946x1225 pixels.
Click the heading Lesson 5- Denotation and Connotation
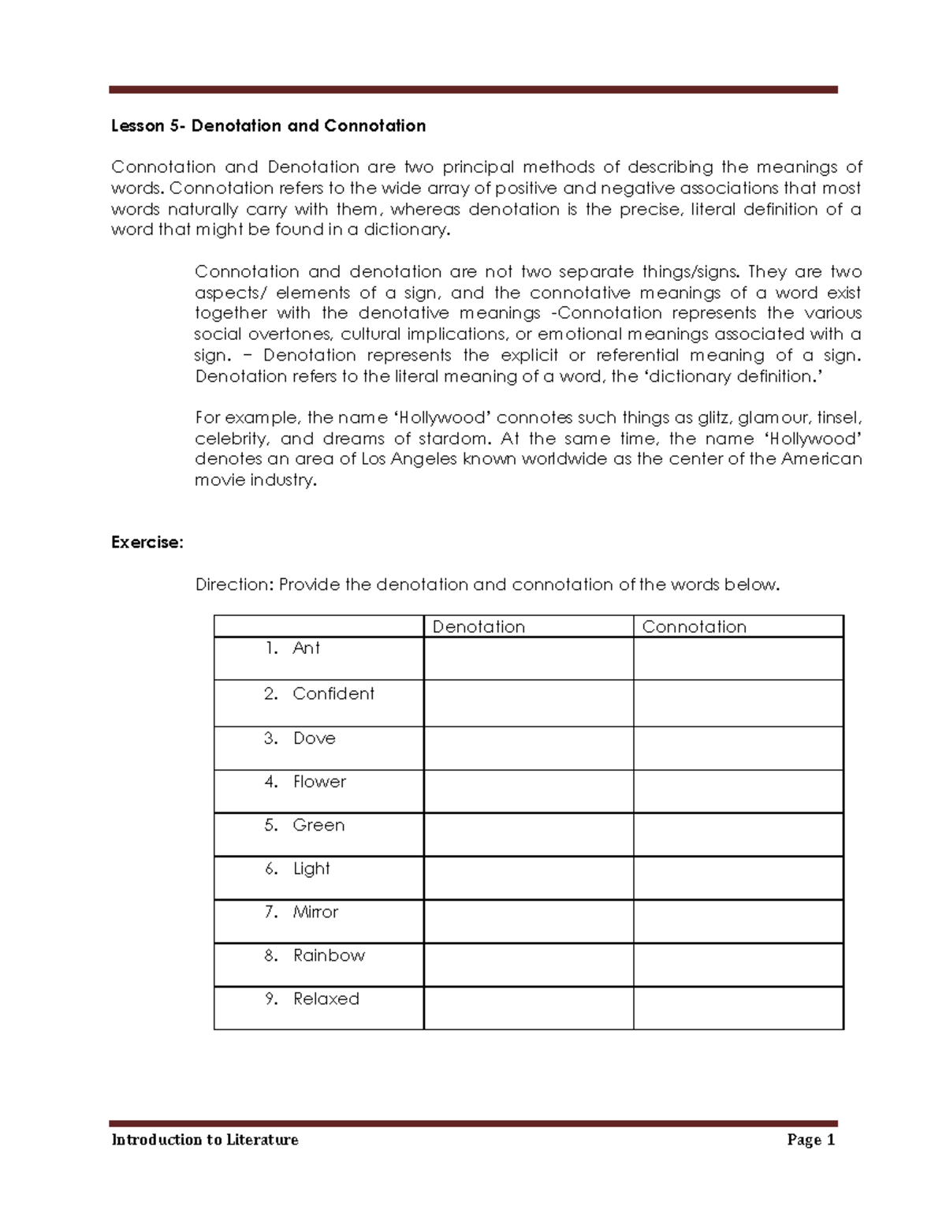(268, 126)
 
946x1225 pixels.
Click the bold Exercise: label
(147, 543)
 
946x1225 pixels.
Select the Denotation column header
(479, 627)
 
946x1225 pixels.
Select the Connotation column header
(694, 627)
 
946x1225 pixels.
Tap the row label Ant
(306, 648)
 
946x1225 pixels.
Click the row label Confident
(333, 694)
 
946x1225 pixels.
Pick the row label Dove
(314, 738)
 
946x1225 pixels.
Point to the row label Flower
(319, 782)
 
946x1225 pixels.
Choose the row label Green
(318, 825)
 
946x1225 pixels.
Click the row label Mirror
(315, 912)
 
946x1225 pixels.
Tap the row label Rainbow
(329, 955)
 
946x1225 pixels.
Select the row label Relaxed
(326, 999)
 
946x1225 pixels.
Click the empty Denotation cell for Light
(528, 878)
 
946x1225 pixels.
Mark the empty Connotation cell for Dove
(738, 748)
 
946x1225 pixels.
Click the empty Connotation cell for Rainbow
(738, 965)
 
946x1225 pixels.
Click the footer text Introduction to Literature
(205, 1140)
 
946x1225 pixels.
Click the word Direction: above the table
(234, 585)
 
